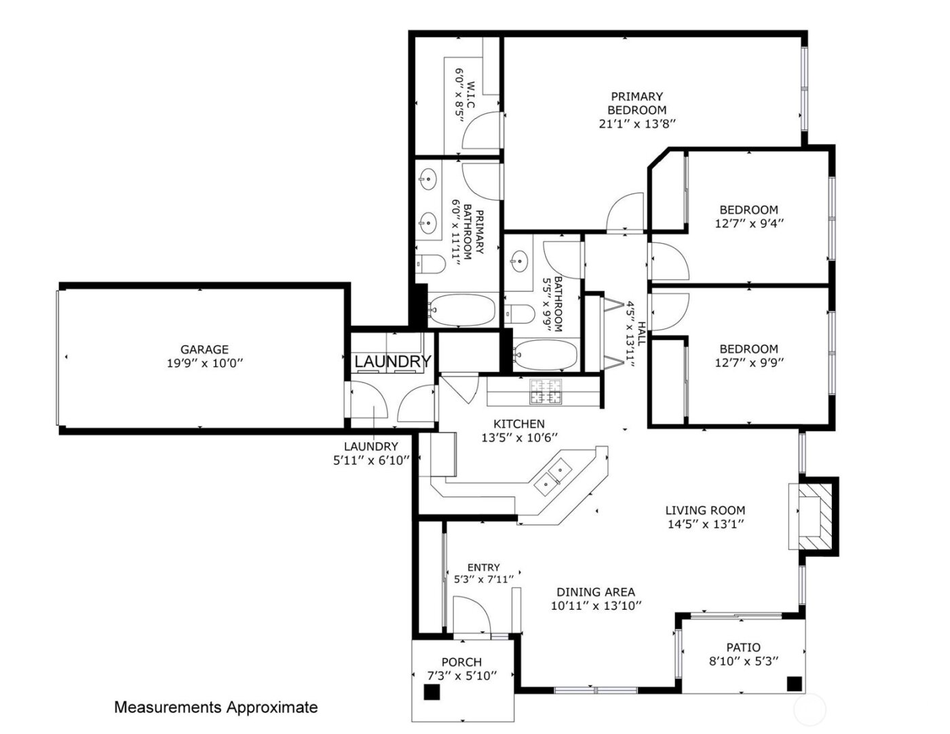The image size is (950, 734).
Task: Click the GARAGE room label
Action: (204, 350)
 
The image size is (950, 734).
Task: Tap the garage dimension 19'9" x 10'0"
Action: (204, 363)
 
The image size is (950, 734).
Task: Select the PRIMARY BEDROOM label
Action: (636, 103)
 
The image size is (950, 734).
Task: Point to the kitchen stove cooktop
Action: (546, 391)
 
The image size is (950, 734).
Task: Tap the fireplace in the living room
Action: (812, 515)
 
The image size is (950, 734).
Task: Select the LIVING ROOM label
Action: (705, 510)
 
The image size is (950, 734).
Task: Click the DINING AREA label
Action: (595, 592)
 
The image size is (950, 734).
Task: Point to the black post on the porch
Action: (432, 692)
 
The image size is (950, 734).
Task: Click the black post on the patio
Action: (793, 684)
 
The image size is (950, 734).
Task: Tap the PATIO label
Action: (743, 647)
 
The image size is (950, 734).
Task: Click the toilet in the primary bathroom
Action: (429, 264)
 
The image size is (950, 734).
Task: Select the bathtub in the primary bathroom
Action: (461, 310)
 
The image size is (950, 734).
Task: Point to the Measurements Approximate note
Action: (216, 708)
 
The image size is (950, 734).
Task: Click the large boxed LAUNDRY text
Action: (392, 362)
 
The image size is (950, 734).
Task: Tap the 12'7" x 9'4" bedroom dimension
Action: (749, 223)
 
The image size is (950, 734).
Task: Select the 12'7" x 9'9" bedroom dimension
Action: (749, 363)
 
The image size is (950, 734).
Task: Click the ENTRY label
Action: (483, 568)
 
